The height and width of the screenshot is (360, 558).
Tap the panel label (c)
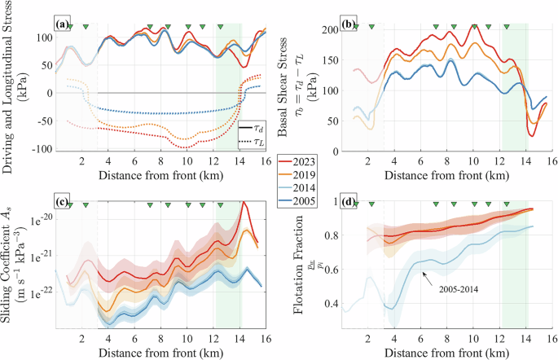point(63,204)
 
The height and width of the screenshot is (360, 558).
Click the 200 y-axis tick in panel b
point(330,29)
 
